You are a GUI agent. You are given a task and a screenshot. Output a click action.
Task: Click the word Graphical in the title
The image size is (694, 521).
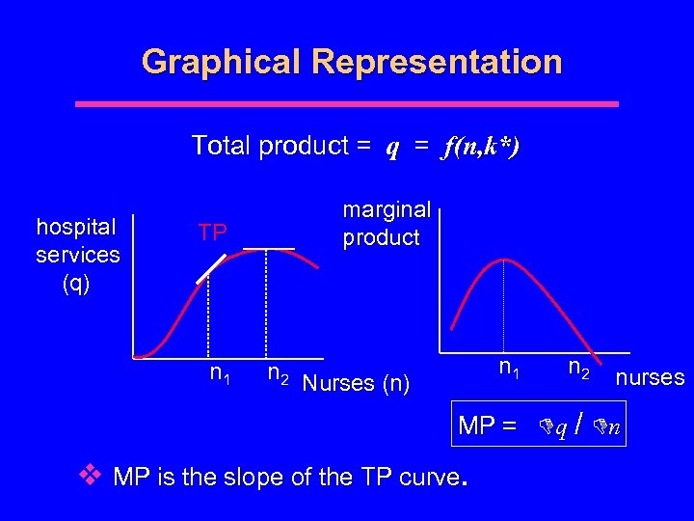(221, 62)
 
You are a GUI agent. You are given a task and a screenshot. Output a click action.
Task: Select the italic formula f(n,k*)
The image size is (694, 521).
(481, 147)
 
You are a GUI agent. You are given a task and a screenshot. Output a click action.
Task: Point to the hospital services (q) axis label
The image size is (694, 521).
(77, 255)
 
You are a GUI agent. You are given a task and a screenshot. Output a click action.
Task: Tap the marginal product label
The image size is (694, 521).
(386, 224)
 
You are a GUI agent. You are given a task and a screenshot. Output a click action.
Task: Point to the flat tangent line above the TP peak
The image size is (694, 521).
(268, 249)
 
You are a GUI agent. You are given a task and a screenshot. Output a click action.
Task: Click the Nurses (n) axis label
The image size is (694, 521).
(355, 383)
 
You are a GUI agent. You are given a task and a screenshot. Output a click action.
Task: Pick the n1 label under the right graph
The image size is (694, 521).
(507, 369)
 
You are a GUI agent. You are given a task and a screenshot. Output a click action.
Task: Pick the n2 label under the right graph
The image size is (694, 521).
(579, 369)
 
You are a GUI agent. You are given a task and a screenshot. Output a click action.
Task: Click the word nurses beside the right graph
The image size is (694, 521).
(651, 377)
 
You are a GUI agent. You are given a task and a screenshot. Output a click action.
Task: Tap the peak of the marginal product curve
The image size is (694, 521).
(503, 259)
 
